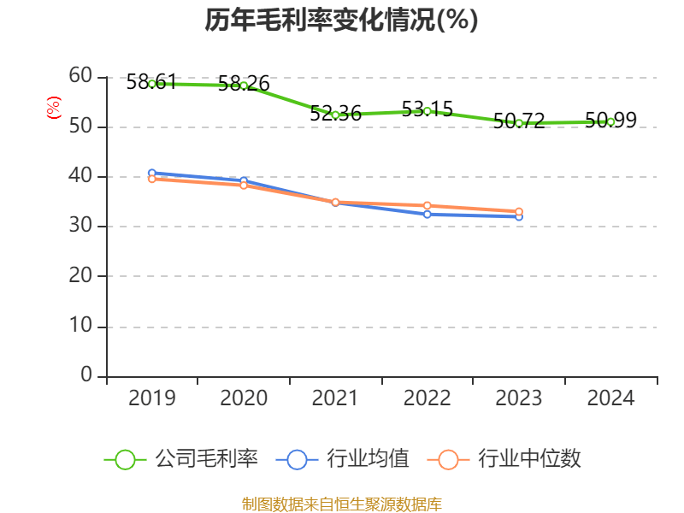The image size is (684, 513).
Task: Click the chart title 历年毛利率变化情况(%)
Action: [x=341, y=21]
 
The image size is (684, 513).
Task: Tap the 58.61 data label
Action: [x=151, y=82]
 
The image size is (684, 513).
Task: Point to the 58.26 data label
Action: [x=244, y=84]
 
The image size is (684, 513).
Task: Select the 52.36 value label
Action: [x=335, y=113]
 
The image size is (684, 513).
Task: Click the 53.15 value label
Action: [x=427, y=109]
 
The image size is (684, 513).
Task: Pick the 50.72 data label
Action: [x=519, y=121]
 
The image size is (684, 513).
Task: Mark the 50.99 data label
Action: [x=610, y=120]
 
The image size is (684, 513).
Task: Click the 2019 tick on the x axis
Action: [x=152, y=398]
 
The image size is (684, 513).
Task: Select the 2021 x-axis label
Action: [x=335, y=398]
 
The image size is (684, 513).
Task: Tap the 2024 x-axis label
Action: [x=610, y=398]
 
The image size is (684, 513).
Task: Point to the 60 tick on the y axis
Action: [x=80, y=76]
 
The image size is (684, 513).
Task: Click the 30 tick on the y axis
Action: [x=80, y=227]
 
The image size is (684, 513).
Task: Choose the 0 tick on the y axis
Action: [x=86, y=376]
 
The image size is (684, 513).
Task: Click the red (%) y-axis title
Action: [x=54, y=108]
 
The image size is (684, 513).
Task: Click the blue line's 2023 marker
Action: [x=519, y=217]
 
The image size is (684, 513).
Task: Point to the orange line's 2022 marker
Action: [x=427, y=205]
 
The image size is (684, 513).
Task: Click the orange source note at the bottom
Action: [x=341, y=504]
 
